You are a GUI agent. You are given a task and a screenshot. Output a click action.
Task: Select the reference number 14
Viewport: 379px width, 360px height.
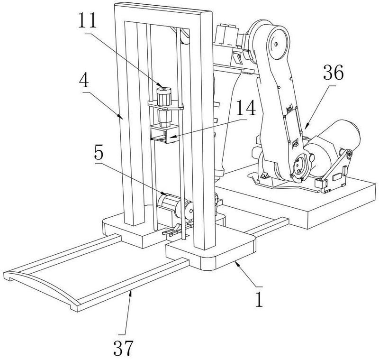tap(246, 108)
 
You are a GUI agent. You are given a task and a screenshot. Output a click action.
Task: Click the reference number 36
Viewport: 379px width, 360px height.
tap(334, 74)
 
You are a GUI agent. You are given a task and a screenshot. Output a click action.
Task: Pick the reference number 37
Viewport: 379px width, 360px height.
tap(123, 348)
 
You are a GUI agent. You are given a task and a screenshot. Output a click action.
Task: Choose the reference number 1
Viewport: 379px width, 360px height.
tap(259, 299)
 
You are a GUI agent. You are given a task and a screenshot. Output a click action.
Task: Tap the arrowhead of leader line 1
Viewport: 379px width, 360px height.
tap(237, 263)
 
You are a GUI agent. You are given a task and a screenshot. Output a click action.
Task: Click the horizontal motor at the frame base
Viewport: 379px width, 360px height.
tap(174, 207)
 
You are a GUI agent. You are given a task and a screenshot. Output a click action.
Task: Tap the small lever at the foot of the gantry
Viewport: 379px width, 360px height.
tap(172, 231)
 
